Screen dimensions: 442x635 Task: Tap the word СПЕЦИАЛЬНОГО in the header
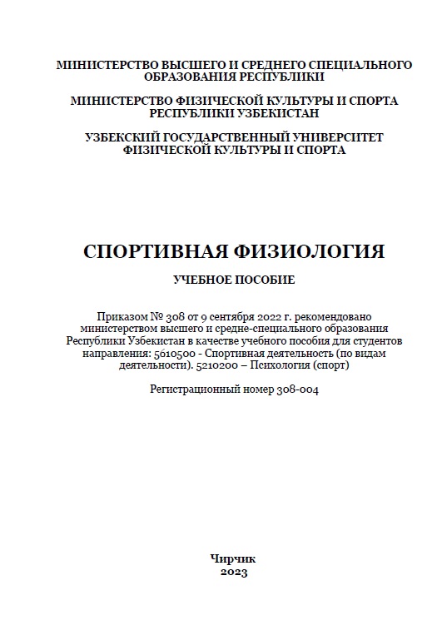pyautogui.click(x=360, y=64)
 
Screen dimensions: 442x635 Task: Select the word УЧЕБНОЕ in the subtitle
pyautogui.click(x=203, y=280)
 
